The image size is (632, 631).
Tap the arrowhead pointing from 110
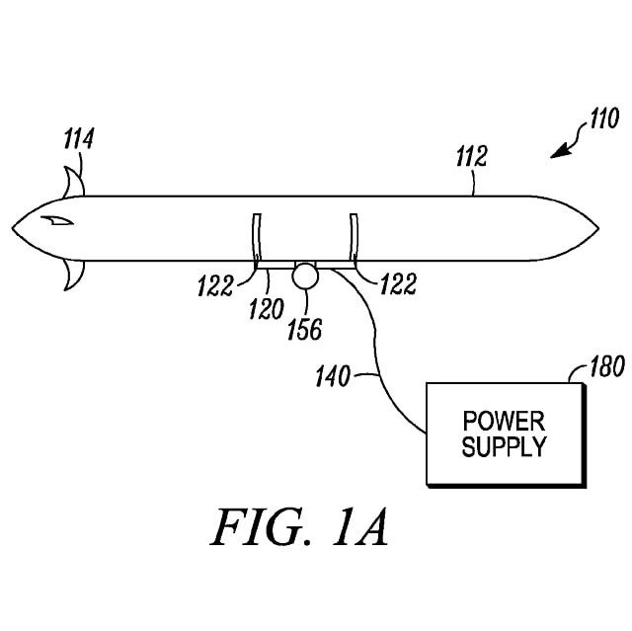(562, 152)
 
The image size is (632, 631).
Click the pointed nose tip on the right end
(595, 229)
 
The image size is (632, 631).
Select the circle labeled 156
(305, 276)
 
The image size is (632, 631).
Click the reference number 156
(304, 328)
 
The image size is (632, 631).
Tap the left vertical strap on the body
(256, 240)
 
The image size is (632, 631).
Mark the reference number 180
(605, 369)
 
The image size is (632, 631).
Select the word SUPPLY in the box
(503, 446)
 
